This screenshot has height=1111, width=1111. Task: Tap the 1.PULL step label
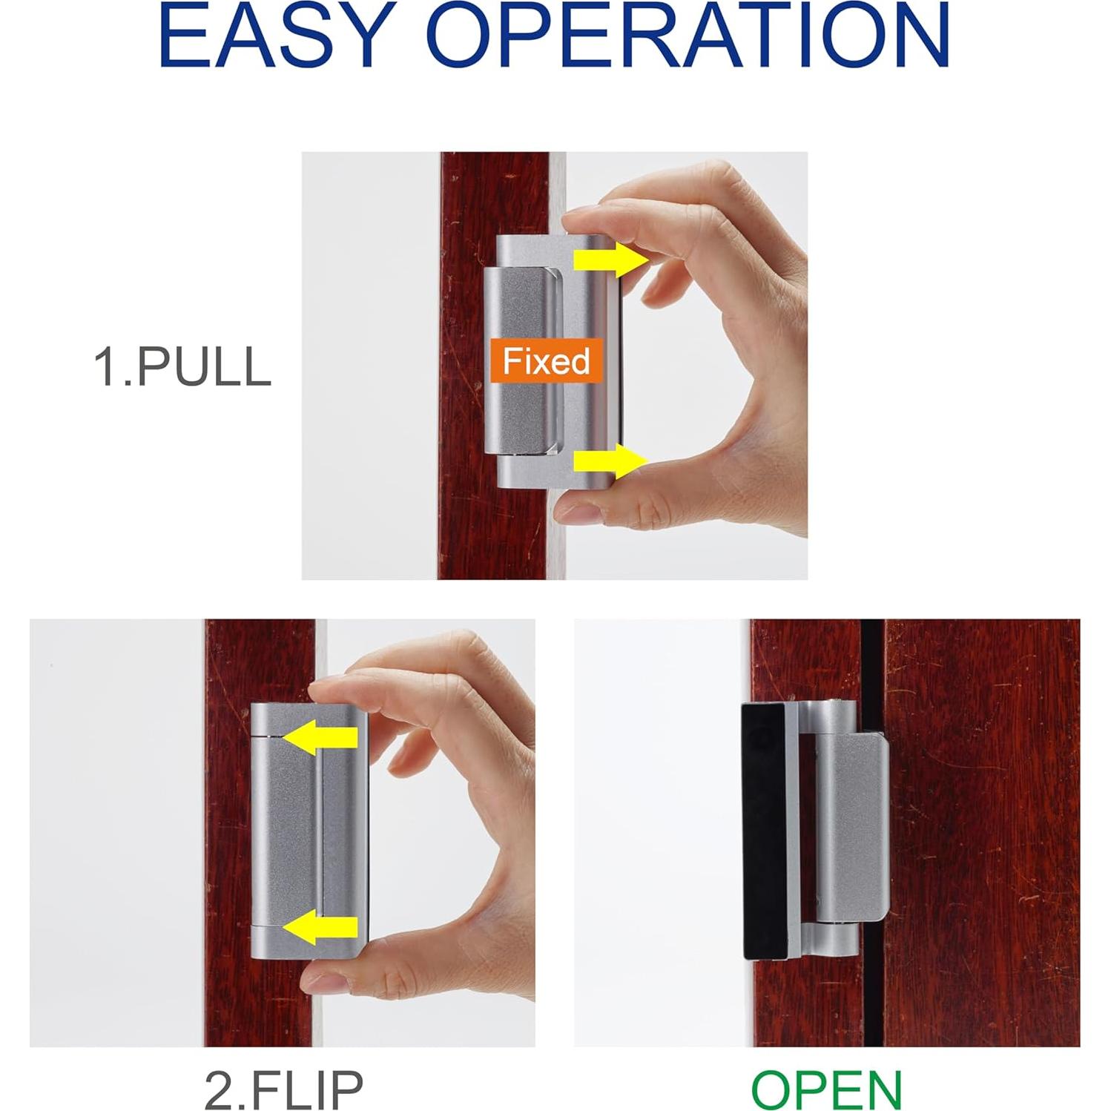[182, 366]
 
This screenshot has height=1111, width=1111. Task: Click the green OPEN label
[826, 1089]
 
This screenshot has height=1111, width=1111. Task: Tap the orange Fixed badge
[546, 361]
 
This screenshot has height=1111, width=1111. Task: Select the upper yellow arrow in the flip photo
[320, 737]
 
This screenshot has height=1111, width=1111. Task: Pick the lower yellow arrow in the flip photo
[320, 928]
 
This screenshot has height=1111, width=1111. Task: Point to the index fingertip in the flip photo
[330, 691]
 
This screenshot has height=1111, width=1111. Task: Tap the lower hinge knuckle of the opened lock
[834, 939]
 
